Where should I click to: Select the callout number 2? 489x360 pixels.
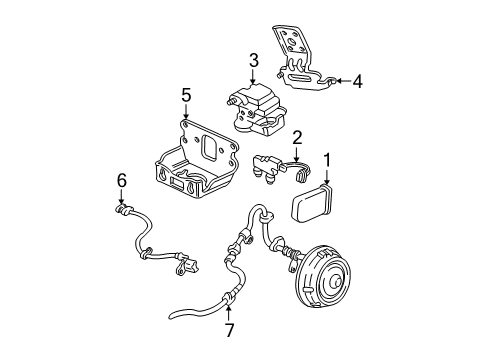[x=298, y=136]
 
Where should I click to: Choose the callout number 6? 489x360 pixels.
[x=123, y=181]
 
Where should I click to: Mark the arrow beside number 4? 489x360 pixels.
[x=339, y=81]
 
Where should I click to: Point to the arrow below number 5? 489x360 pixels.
[x=185, y=113]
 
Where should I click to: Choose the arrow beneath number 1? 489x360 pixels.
[x=326, y=175]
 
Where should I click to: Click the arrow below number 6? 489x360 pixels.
[x=123, y=197]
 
